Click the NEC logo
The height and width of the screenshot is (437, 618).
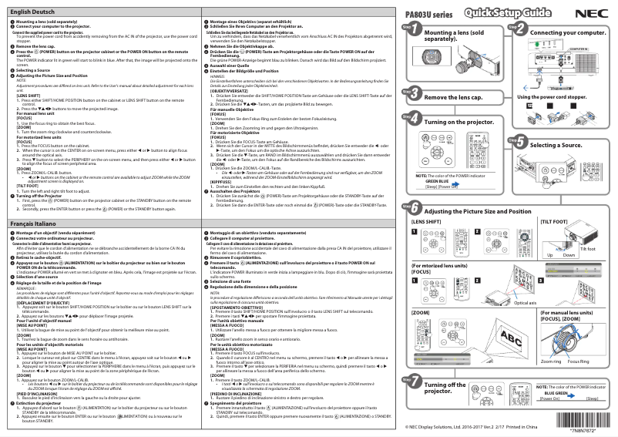point(593,12)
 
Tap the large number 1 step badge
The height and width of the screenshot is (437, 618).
point(409,29)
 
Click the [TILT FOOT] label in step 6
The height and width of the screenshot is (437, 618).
point(556,221)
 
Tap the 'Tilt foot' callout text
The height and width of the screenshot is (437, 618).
point(587,249)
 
